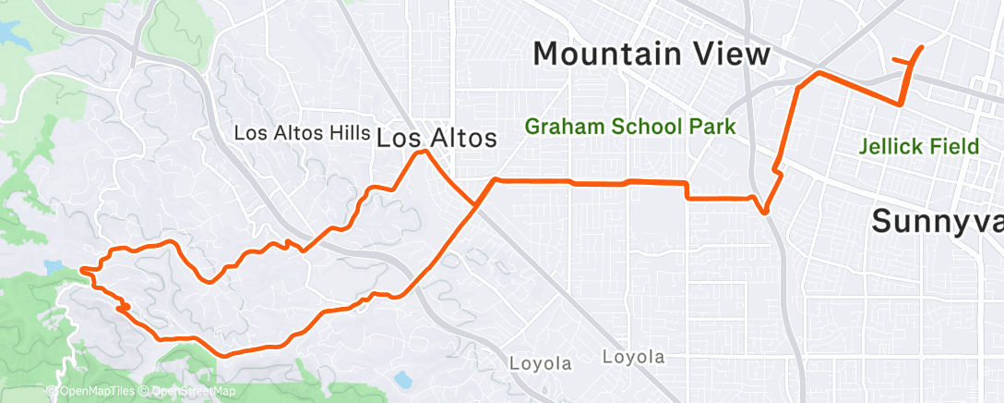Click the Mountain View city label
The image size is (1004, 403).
click(651, 54)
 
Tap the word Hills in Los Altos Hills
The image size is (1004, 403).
click(340, 133)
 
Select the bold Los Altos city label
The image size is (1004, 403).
click(436, 139)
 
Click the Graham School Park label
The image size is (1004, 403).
click(630, 127)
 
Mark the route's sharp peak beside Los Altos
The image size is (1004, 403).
click(423, 153)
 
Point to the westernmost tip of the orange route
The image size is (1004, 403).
click(82, 270)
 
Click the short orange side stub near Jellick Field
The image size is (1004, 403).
click(900, 62)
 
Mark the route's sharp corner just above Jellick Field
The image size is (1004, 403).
click(902, 104)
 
